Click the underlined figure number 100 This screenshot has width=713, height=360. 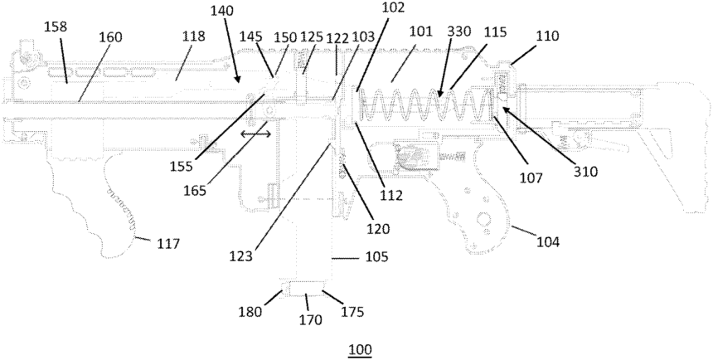pos(360,348)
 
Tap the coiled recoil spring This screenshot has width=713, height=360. pos(423,108)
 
